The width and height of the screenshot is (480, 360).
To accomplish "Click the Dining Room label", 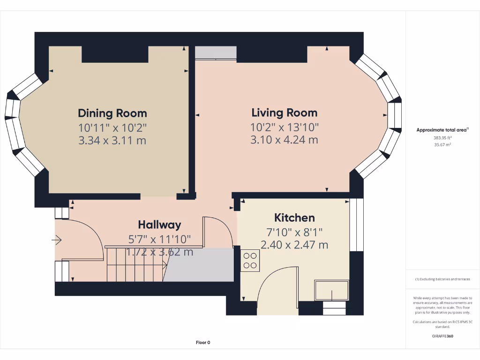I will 112,113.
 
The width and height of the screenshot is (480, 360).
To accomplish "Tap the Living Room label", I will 284,112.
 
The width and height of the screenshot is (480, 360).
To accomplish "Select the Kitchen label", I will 294,217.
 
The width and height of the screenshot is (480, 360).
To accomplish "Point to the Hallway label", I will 159,225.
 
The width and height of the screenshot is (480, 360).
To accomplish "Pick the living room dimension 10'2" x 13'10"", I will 285,127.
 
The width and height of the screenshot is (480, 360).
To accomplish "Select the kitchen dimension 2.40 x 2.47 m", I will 294,245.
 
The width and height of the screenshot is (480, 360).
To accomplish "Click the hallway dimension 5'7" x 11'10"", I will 159,239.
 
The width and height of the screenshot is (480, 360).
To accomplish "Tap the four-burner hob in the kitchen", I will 250,260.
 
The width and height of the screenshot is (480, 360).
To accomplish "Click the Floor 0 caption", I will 202,343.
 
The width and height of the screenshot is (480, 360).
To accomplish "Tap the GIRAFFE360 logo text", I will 443,336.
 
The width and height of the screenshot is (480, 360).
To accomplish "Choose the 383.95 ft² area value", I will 442,138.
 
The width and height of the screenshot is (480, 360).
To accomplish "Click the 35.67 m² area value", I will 442,145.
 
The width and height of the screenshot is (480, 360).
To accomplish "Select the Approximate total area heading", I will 442,130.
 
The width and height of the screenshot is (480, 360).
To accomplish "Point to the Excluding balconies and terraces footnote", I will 442,279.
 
